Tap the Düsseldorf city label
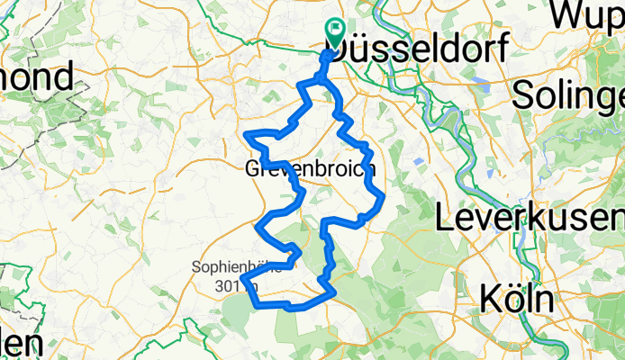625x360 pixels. (x=422, y=46)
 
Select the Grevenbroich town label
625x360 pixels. (x=309, y=168)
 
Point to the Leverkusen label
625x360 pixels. (x=530, y=217)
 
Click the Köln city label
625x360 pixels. (x=516, y=297)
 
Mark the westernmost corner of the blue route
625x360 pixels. (x=240, y=287)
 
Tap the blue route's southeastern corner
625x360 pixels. (x=336, y=291)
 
